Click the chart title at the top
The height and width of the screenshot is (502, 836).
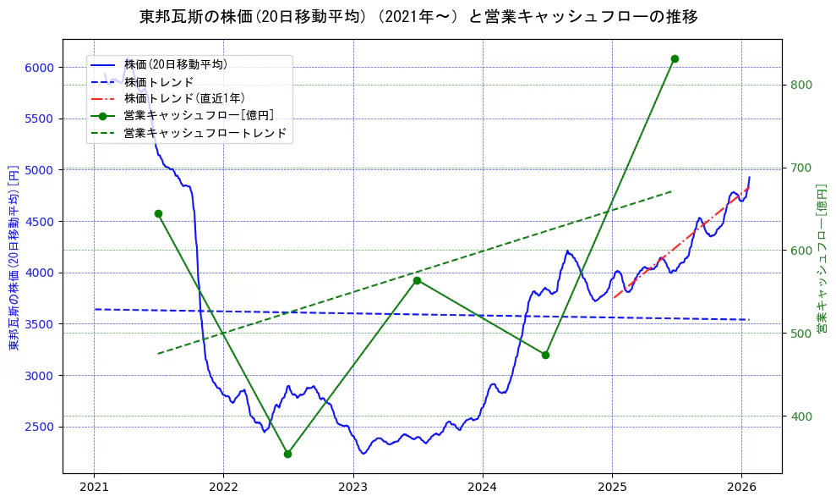point(418,16)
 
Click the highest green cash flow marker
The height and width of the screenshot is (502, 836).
point(675,58)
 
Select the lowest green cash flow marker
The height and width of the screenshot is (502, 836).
point(287,454)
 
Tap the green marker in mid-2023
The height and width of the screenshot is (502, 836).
point(417,280)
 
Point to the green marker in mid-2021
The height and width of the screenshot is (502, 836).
point(158,213)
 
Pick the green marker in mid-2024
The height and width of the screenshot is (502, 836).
point(545,355)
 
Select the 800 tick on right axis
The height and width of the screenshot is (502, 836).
point(800,85)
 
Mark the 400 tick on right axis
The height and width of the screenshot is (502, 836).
point(800,416)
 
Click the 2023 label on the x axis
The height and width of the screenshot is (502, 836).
point(352,487)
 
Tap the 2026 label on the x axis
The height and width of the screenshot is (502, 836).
point(740,487)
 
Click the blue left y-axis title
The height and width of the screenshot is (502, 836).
point(13,258)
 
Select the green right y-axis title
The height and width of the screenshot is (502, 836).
point(821,258)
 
